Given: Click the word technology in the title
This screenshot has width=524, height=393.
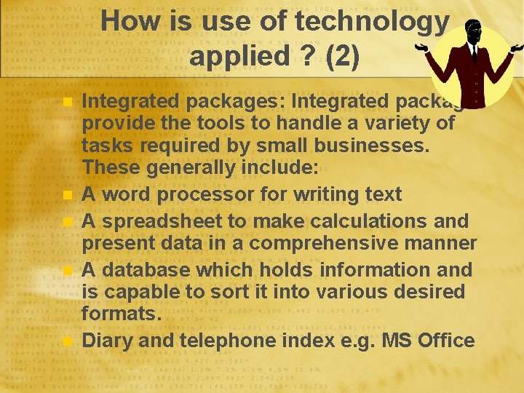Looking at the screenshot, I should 372,21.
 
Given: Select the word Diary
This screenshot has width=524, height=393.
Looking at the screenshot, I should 107,341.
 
